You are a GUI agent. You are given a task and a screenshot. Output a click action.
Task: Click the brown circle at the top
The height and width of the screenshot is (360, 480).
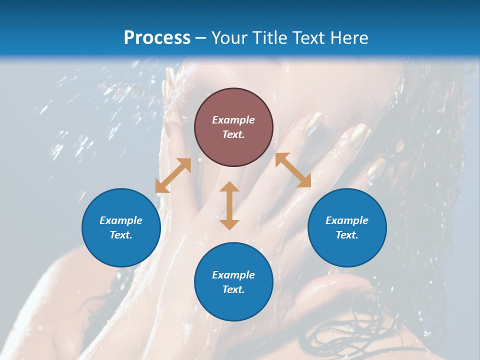(x=233, y=127)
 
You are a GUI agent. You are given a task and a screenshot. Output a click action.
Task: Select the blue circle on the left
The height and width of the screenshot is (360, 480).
(x=121, y=227)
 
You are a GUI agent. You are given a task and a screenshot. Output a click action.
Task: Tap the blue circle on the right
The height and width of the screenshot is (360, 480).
(x=347, y=227)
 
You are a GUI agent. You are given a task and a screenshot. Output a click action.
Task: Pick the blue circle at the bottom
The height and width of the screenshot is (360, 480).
(x=233, y=282)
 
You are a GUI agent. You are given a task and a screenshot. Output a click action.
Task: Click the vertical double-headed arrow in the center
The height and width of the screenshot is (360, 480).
(x=229, y=205)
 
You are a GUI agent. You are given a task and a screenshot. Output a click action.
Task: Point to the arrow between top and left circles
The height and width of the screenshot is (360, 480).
(x=173, y=175)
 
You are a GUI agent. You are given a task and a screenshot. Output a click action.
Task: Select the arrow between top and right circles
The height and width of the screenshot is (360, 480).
(x=293, y=170)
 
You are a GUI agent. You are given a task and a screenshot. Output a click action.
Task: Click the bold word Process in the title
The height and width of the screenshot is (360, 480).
(x=157, y=37)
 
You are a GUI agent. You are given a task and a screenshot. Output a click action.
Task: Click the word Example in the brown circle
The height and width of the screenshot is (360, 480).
(x=233, y=120)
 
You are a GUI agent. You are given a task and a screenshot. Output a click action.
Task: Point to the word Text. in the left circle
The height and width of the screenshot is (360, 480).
(x=121, y=235)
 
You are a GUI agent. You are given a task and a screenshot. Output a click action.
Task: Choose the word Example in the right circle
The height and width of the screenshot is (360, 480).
(x=347, y=220)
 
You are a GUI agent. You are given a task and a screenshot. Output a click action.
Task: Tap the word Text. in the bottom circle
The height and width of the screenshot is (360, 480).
(x=233, y=289)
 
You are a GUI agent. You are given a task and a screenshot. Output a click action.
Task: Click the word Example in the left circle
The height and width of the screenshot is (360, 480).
(x=121, y=220)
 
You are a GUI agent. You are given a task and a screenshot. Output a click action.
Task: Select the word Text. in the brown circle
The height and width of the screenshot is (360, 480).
(x=233, y=134)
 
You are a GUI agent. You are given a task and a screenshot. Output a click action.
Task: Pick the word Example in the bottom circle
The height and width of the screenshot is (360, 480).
(x=233, y=275)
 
